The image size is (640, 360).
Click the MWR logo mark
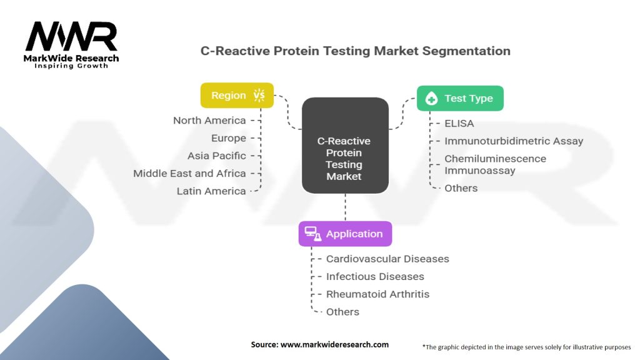pyautogui.click(x=71, y=36)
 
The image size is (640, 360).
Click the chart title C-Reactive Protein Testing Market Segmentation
pyautogui.click(x=355, y=51)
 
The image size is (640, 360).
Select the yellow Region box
pyautogui.click(x=237, y=96)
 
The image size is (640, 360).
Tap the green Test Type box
pyautogui.click(x=460, y=98)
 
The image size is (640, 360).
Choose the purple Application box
pyautogui.click(x=345, y=234)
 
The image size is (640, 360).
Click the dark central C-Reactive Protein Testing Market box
pyautogui.click(x=345, y=145)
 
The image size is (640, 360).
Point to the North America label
pyautogui.click(x=209, y=121)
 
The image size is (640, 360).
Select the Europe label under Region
pyautogui.click(x=229, y=138)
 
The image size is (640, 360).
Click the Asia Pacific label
pyautogui.click(x=217, y=156)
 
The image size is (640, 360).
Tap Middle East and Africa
pyautogui.click(x=189, y=174)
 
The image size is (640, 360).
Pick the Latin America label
pyautogui.click(x=211, y=191)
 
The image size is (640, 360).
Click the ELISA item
pyautogui.click(x=459, y=124)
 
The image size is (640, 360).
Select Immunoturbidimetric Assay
pyautogui.click(x=514, y=141)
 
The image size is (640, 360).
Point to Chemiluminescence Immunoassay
pyautogui.click(x=495, y=164)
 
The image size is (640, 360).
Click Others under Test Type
pyautogui.click(x=461, y=188)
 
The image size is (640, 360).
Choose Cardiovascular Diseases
pyautogui.click(x=387, y=259)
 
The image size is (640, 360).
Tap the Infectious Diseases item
pyautogui.click(x=375, y=276)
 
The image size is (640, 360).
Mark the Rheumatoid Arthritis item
pyautogui.click(x=377, y=294)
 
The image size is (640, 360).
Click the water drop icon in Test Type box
pyautogui.click(x=431, y=98)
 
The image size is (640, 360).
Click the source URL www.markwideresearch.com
pyautogui.click(x=334, y=344)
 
